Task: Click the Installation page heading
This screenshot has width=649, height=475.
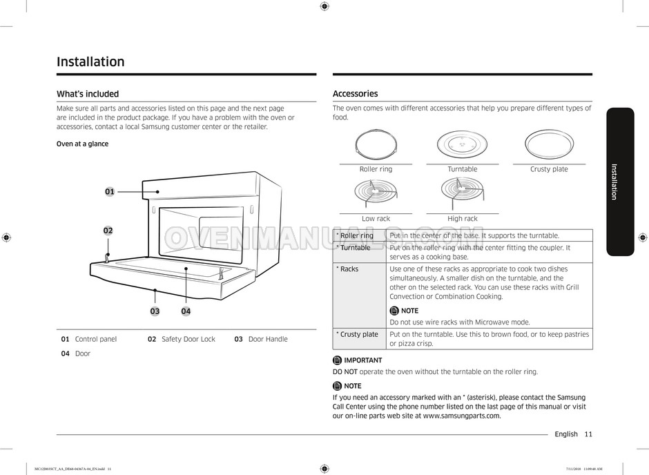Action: (x=90, y=62)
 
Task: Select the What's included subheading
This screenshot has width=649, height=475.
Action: (x=88, y=94)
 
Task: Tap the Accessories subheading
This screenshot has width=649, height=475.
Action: (x=355, y=94)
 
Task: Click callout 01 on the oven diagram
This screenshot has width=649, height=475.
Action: (x=110, y=191)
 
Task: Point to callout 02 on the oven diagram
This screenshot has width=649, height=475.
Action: (x=108, y=231)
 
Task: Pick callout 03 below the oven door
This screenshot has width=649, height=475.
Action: (x=155, y=311)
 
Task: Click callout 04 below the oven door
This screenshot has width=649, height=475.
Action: (x=186, y=311)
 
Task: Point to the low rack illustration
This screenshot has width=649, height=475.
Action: (x=376, y=194)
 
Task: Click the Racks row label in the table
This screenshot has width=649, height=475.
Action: (x=349, y=269)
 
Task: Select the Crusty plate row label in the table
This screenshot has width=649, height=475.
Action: (x=358, y=334)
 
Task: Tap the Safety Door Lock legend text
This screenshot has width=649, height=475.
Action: (x=188, y=340)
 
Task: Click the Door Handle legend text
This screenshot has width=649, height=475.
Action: (x=268, y=340)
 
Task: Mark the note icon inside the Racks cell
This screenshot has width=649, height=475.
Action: (x=394, y=311)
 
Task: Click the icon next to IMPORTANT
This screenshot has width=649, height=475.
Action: (x=337, y=360)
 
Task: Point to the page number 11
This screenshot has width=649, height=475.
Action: (x=588, y=434)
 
